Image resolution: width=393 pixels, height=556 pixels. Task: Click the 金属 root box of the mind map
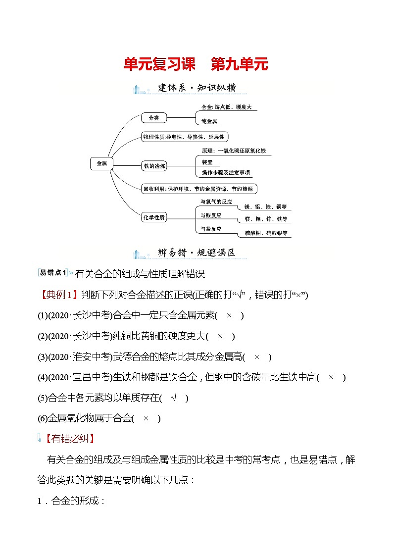pyautogui.click(x=101, y=163)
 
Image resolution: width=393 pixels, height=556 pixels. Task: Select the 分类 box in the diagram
pyautogui.click(x=153, y=118)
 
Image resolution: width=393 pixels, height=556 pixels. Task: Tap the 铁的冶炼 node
pyautogui.click(x=154, y=166)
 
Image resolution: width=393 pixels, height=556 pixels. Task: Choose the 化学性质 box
pyautogui.click(x=154, y=217)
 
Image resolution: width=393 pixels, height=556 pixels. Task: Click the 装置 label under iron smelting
pyautogui.click(x=207, y=162)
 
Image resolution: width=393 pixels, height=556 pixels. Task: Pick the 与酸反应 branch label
pyautogui.click(x=211, y=215)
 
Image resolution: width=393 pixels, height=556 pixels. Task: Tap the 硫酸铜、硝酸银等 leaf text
pyautogui.click(x=266, y=233)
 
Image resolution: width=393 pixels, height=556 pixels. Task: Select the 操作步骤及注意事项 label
pyautogui.click(x=226, y=173)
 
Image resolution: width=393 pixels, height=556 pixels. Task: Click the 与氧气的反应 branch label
pyautogui.click(x=216, y=202)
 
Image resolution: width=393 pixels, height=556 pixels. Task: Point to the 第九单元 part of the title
pyautogui.click(x=239, y=64)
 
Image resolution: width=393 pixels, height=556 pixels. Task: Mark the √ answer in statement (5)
pyautogui.click(x=174, y=398)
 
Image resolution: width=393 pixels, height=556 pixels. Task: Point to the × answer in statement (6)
pyautogui.click(x=146, y=418)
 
